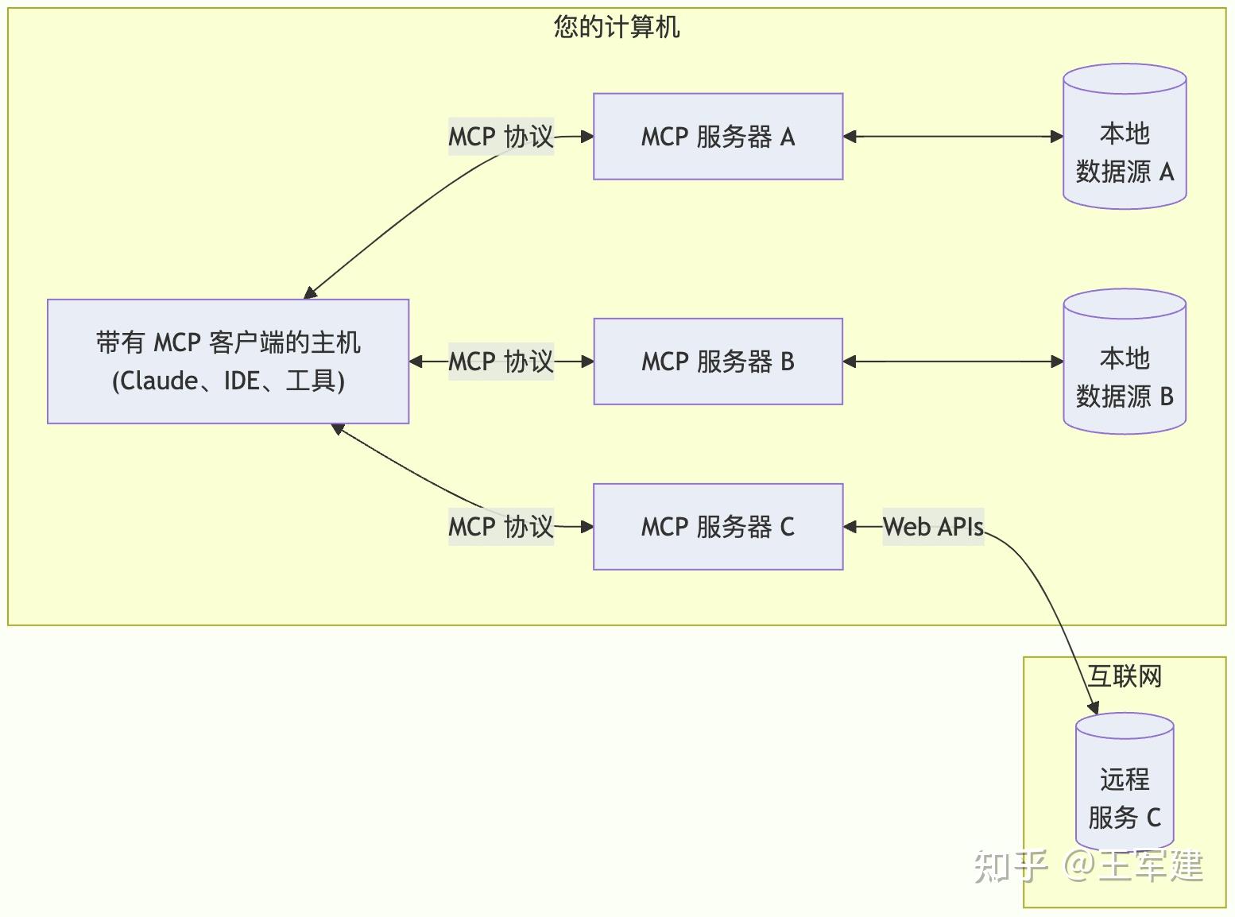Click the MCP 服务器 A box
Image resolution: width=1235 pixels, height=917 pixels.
pos(718,137)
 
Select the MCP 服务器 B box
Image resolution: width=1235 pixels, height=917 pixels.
pos(718,362)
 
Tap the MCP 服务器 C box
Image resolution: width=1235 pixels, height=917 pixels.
pos(718,527)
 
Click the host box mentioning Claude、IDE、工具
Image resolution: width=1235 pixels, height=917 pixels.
pos(228,362)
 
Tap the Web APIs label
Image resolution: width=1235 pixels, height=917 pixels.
pos(933,527)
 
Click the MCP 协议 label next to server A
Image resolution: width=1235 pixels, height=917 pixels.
pos(501,137)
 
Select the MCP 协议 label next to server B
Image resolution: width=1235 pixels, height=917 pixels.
pos(501,362)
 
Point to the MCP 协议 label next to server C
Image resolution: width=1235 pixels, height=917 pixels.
pos(501,527)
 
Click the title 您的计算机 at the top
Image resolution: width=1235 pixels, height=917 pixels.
pos(617,27)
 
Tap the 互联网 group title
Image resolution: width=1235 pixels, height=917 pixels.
pos(1125,676)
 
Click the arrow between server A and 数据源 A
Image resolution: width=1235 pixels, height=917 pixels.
pos(953,137)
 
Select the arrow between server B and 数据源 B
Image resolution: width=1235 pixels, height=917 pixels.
pos(953,362)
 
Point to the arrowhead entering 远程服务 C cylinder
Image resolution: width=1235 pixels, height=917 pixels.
pos(1094,707)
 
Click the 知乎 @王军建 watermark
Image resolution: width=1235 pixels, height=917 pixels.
pos(1088,865)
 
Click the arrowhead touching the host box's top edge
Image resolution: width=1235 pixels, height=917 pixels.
pos(311,293)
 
